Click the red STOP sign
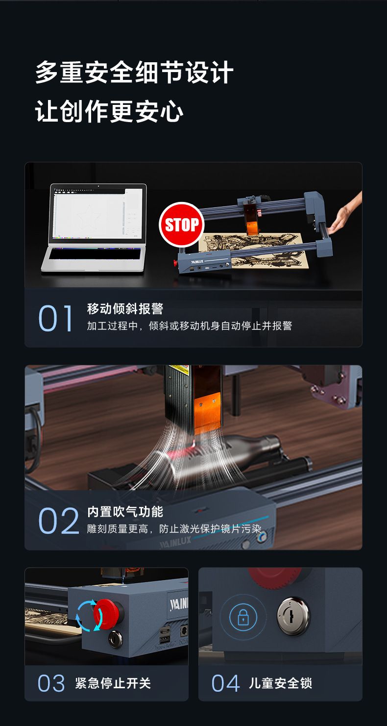(x=182, y=225)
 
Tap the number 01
(x=55, y=318)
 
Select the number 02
(x=59, y=521)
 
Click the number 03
(x=51, y=683)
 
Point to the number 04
(x=225, y=683)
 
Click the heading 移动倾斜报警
(x=125, y=308)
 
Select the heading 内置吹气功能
(x=125, y=512)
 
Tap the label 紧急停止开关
(x=113, y=683)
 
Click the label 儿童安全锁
(x=281, y=683)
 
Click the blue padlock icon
(x=243, y=617)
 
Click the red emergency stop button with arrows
(x=106, y=614)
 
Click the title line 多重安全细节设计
(x=134, y=72)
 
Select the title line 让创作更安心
(x=109, y=111)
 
